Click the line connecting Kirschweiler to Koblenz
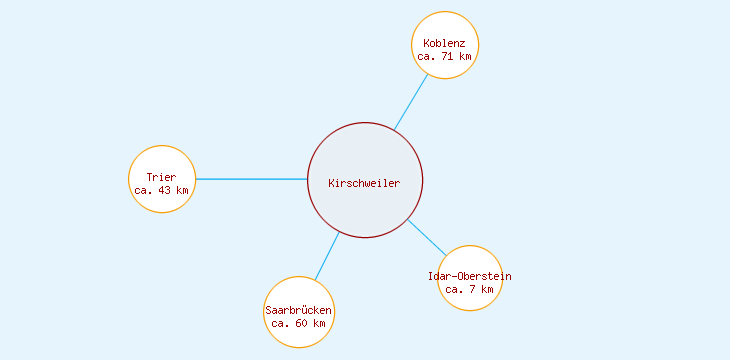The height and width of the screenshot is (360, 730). (411, 102)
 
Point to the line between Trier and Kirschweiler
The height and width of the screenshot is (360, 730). (250, 179)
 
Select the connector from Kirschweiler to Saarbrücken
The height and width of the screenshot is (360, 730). (327, 256)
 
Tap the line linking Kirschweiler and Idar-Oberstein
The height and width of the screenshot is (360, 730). (427, 237)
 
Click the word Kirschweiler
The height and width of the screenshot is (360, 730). (365, 183)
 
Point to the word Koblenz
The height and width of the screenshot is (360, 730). (445, 44)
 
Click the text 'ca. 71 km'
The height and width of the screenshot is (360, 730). (445, 57)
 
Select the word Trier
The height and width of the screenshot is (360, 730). (161, 177)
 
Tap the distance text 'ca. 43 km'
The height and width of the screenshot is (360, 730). (161, 190)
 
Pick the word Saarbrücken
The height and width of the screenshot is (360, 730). (299, 311)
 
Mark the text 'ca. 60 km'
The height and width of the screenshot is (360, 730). (299, 324)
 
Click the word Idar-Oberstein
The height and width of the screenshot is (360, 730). (469, 276)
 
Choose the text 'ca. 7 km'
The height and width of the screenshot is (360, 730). (469, 289)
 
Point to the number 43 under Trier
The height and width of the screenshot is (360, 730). (165, 190)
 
